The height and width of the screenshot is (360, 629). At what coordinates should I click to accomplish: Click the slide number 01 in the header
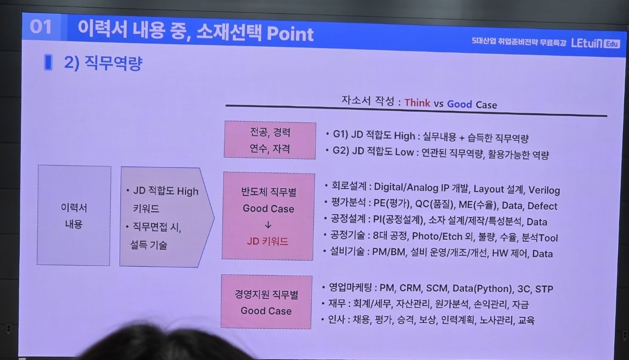(41, 27)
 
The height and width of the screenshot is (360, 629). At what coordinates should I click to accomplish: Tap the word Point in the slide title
(290, 34)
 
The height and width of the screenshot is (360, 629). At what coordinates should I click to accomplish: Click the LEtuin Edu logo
(595, 44)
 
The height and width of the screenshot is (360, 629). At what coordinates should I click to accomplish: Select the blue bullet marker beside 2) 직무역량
(48, 62)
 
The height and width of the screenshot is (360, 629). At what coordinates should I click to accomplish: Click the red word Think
(417, 103)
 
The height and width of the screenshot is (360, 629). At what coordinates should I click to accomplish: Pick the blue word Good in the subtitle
(460, 104)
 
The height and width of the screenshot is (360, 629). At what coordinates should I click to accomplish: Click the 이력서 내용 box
(74, 216)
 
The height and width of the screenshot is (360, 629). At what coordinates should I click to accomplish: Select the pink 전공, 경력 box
(270, 140)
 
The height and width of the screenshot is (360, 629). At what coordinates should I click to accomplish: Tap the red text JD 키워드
(267, 241)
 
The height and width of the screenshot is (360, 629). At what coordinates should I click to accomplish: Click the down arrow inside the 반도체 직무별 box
(268, 225)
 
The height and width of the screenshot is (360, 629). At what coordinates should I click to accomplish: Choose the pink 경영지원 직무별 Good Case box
(266, 302)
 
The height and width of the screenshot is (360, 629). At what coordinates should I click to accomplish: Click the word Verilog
(544, 191)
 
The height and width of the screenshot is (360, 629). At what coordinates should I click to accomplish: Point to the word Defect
(542, 206)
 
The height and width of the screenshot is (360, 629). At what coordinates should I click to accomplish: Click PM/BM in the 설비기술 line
(389, 252)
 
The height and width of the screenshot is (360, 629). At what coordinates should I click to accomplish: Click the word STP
(544, 289)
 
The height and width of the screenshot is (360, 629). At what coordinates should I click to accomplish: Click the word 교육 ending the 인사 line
(526, 320)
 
